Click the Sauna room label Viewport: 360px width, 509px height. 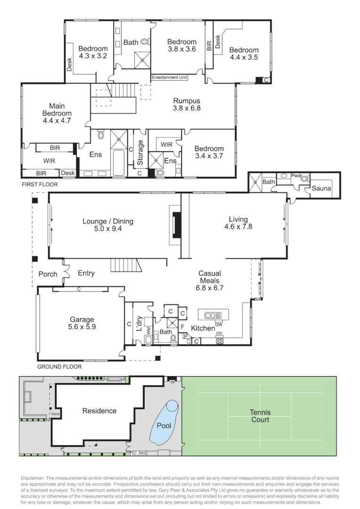pyautogui.click(x=321, y=188)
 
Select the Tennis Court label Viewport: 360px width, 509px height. pyautogui.click(x=260, y=416)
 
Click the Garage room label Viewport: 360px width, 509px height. pyautogui.click(x=82, y=320)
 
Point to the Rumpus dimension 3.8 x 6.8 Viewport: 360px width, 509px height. pyautogui.click(x=187, y=108)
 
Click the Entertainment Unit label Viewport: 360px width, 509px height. pyautogui.click(x=170, y=77)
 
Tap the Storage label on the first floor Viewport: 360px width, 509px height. pyautogui.click(x=140, y=153)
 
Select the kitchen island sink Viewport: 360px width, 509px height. pyautogui.click(x=213, y=315)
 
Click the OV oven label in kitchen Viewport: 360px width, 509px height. pyautogui.click(x=219, y=333)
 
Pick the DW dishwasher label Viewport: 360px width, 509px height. pyautogui.click(x=219, y=325)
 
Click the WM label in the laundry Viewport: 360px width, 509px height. pyautogui.click(x=149, y=332)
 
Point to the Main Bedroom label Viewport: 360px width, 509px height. pyautogui.click(x=57, y=110)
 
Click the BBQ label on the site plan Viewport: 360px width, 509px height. pyautogui.click(x=141, y=453)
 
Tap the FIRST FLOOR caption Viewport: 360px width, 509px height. pyautogui.click(x=40, y=184)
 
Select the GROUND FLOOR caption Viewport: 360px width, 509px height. pyautogui.click(x=59, y=367)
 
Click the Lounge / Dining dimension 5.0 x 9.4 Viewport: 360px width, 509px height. pyautogui.click(x=108, y=229)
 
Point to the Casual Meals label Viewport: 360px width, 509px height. pyautogui.click(x=210, y=277)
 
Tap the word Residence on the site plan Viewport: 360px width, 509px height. pyautogui.click(x=99, y=411)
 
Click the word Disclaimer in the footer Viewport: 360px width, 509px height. pyautogui.click(x=33, y=478)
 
